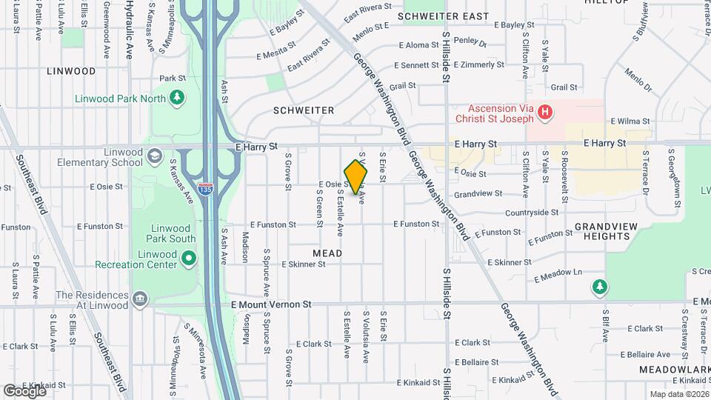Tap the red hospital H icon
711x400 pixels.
tap(545, 113)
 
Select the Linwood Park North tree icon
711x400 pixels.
tap(177, 97)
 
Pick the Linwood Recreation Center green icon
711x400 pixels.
tap(189, 259)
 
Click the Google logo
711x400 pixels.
tap(24, 390)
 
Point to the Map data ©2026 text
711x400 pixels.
tap(679, 394)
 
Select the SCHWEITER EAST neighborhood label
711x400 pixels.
tap(443, 16)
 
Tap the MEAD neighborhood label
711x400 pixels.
tap(327, 253)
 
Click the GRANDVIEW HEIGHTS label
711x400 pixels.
tap(601, 230)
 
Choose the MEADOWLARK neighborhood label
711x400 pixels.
tap(675, 369)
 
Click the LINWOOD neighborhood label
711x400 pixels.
tap(71, 71)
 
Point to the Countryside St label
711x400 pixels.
tap(532, 213)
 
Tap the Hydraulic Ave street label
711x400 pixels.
tap(128, 30)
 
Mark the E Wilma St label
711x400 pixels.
tap(630, 121)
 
